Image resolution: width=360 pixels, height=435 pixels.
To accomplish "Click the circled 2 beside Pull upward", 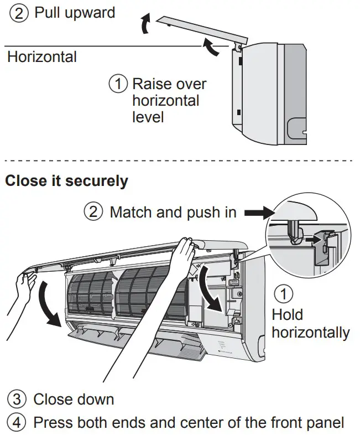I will pyautogui.click(x=19, y=13).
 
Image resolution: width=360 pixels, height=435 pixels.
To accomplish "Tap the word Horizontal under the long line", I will pyautogui.click(x=42, y=56).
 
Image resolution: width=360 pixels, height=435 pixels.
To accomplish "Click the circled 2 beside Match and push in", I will pyautogui.click(x=93, y=212).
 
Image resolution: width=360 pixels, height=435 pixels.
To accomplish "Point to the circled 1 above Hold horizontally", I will pyautogui.click(x=284, y=293).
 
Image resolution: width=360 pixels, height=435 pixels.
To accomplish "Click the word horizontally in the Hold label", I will pyautogui.click(x=310, y=332).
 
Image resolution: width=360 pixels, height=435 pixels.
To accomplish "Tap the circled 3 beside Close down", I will pyautogui.click(x=17, y=399).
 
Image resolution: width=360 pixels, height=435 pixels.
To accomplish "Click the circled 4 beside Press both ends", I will pyautogui.click(x=17, y=423).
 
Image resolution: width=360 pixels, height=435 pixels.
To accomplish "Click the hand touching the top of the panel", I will pyautogui.click(x=177, y=260).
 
